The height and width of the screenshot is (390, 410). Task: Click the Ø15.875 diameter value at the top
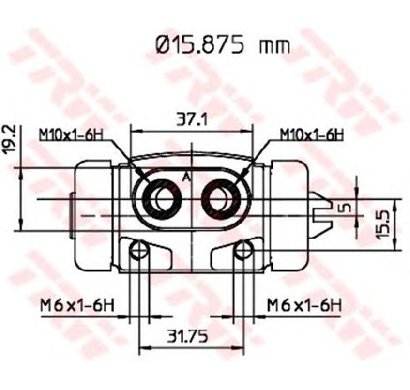point(200,45)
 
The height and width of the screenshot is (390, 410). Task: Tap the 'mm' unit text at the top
point(275,47)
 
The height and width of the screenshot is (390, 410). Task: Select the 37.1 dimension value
point(192,120)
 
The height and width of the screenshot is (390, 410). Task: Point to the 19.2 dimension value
point(9,139)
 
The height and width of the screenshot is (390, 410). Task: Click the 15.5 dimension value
point(383,223)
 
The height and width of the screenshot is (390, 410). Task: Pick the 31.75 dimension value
point(187,336)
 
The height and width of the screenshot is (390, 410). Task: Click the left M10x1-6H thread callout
point(71,134)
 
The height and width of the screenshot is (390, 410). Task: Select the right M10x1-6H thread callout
point(312,134)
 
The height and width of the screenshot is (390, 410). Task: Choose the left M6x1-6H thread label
point(77,305)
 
